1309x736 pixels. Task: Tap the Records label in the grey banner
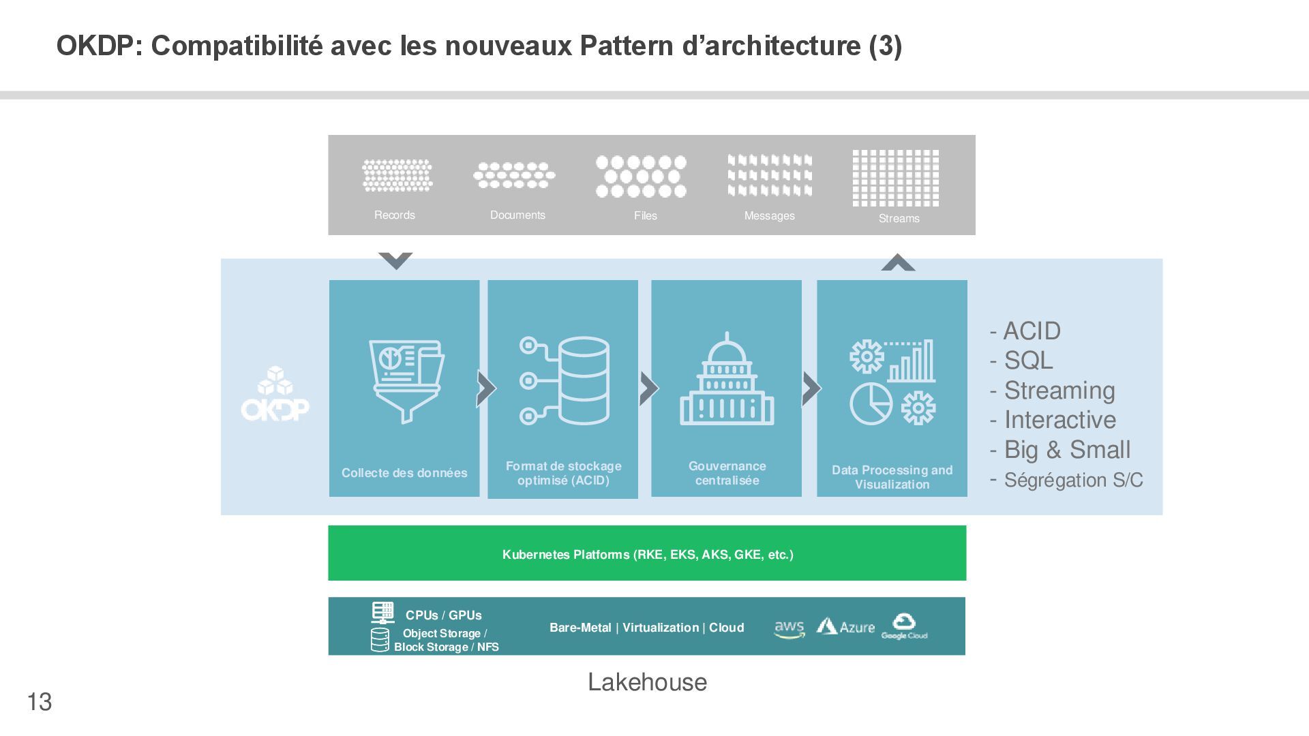[394, 215]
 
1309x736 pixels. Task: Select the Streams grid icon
[895, 178]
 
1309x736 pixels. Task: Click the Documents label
[517, 215]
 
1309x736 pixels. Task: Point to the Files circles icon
[641, 177]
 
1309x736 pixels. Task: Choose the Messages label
[769, 216]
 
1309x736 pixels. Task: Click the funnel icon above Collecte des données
[406, 380]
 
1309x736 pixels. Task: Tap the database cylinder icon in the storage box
[583, 380]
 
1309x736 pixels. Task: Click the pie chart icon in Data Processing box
[871, 403]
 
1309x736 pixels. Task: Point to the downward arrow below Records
[395, 260]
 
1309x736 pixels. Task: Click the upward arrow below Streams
[898, 263]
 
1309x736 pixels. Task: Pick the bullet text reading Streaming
[1059, 390]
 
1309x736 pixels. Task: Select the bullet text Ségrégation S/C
[1073, 480]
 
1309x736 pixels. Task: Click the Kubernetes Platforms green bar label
[648, 555]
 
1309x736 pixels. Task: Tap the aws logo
[789, 628]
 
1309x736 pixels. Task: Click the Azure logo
[845, 627]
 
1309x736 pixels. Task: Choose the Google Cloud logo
[904, 626]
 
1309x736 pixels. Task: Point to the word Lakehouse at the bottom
[647, 682]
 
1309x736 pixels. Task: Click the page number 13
[40, 702]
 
